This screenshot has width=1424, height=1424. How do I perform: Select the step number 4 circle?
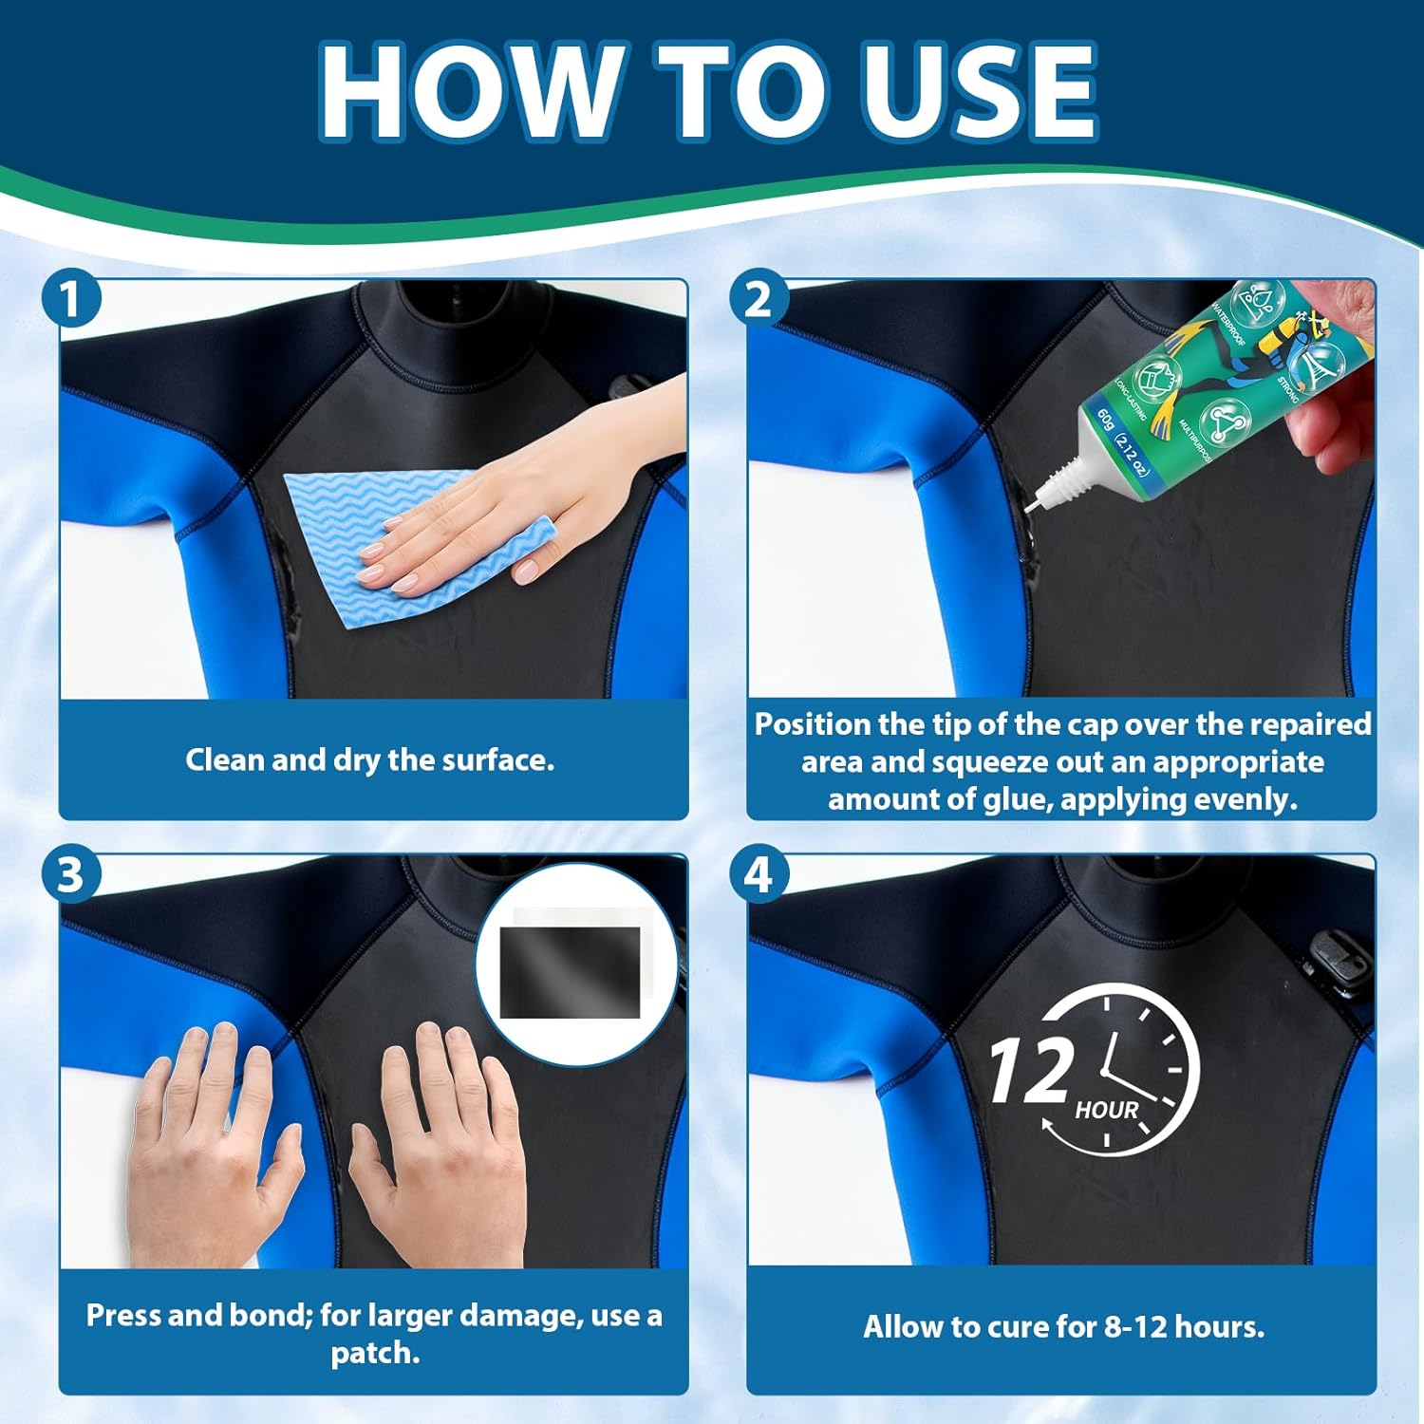(x=758, y=874)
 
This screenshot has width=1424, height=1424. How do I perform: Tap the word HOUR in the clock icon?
(x=1106, y=1110)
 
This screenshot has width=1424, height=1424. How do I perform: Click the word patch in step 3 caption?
(x=375, y=1353)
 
